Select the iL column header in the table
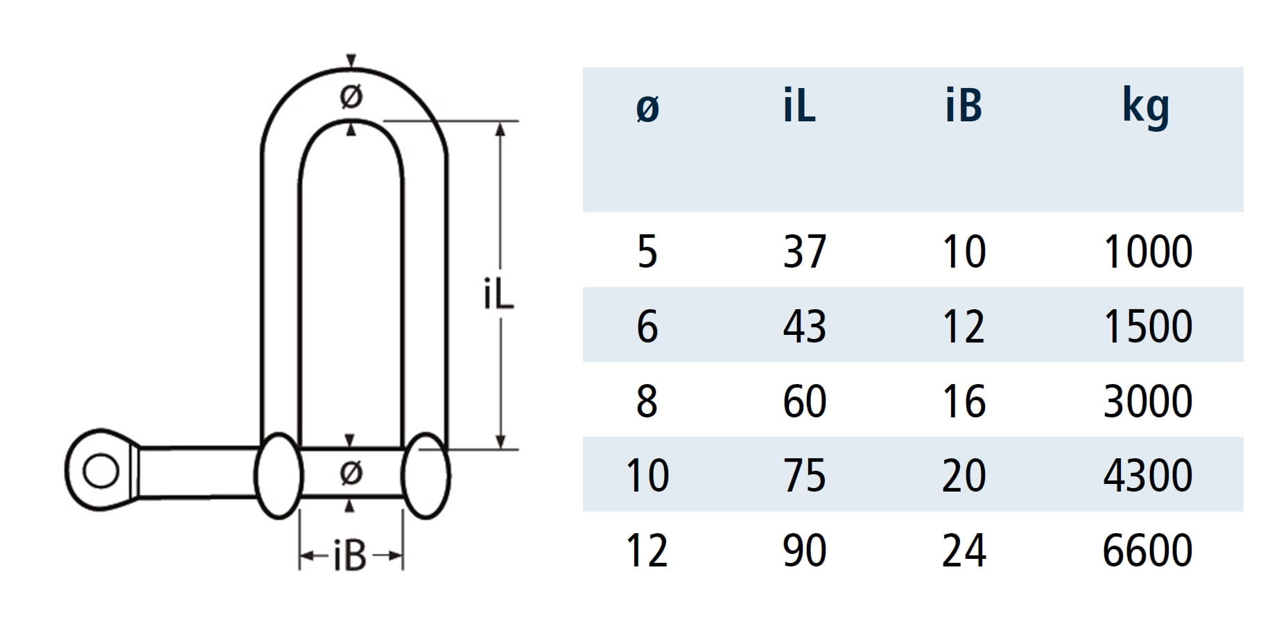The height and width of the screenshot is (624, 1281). (799, 107)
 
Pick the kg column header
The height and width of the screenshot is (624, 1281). (1146, 108)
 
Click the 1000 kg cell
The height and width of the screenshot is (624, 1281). (1148, 251)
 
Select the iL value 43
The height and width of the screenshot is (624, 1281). (805, 326)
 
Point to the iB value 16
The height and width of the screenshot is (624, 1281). (964, 401)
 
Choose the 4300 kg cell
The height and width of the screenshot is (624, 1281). (1148, 476)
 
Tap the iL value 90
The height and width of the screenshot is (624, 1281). (805, 551)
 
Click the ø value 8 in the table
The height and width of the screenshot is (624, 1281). (647, 401)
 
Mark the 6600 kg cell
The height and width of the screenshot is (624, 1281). (1148, 551)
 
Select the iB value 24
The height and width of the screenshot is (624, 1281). (964, 551)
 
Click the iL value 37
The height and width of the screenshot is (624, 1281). (805, 251)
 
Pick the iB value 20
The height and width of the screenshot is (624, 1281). (964, 476)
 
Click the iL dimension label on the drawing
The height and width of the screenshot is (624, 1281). (498, 295)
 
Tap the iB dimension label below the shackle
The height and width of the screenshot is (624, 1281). (349, 556)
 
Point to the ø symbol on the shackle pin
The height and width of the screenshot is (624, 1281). (351, 473)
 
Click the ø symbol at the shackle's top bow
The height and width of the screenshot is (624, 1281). (351, 96)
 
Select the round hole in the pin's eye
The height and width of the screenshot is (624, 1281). (101, 471)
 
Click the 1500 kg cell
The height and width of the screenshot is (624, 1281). (1148, 326)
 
